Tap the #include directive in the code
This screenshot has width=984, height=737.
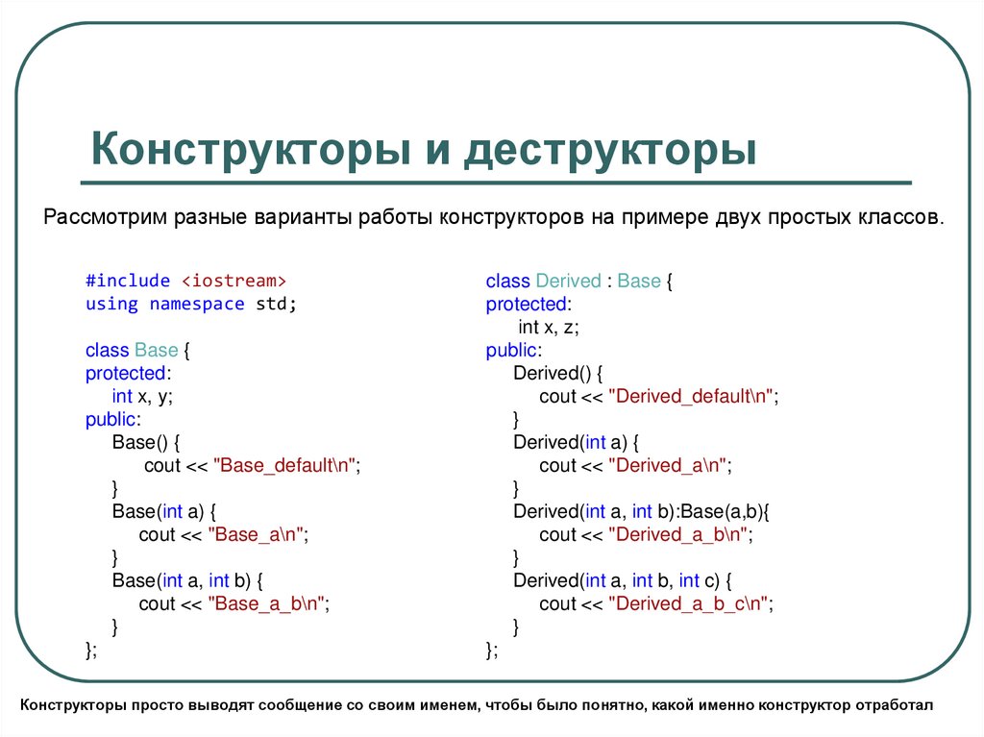coord(128,281)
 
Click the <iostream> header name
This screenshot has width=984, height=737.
coord(234,281)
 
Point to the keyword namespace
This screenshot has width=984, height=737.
coord(197,304)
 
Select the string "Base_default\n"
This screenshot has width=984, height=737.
coord(286,466)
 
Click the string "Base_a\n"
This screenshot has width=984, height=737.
coord(259,535)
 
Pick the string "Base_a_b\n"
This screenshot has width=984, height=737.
coord(271,604)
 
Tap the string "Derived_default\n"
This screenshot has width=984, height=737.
coord(693,397)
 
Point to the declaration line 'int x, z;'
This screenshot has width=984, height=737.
coord(549,327)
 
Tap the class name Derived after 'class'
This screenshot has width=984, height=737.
coord(568,281)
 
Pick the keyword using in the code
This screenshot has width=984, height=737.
coord(111,304)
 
